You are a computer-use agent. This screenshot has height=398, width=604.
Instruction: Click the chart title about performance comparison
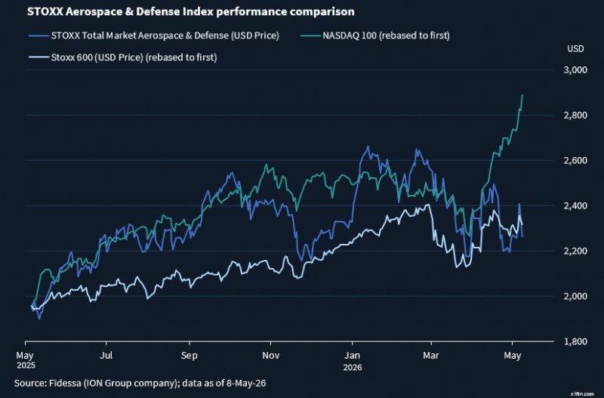191,11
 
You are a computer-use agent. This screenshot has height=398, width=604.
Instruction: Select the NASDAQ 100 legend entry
374,35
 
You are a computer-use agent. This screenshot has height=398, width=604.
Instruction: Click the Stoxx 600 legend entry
122,57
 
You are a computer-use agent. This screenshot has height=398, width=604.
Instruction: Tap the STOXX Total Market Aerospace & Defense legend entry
154,35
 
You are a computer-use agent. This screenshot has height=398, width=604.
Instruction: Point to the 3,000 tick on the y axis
575,69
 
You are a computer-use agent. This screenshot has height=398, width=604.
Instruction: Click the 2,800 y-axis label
575,116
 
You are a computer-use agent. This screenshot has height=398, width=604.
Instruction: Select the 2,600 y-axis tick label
575,160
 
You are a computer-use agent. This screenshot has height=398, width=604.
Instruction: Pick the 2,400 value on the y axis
575,205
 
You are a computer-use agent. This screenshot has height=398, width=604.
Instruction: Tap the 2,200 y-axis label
575,251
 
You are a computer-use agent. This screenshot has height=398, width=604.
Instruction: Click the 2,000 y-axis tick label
575,296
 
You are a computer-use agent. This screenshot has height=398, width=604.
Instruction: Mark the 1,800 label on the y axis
575,341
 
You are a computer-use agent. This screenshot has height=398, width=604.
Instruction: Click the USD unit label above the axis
575,49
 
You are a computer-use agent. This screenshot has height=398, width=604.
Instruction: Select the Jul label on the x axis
106,355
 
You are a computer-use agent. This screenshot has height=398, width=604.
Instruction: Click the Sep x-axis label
190,355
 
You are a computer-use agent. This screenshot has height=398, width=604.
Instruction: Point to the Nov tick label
271,355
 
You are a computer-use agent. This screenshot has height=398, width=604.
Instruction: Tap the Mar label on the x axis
430,355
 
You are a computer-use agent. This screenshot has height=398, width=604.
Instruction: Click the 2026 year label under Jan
353,367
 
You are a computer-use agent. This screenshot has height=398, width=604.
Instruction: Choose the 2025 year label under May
26,365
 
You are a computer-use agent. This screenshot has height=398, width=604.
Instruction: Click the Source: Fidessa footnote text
140,383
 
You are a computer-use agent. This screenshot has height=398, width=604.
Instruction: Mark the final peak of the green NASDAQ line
522,95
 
